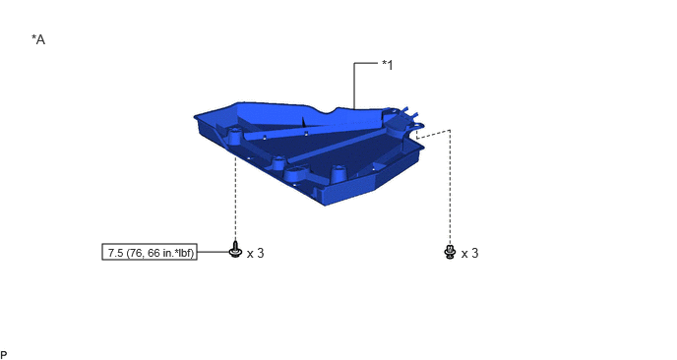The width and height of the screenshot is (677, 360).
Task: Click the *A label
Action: [38, 39]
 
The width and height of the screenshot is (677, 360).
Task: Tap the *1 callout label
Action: [388, 65]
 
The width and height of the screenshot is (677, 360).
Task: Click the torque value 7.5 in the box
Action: [115, 253]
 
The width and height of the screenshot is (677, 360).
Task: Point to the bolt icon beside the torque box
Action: [235, 251]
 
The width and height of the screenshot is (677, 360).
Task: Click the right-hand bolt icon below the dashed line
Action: [450, 252]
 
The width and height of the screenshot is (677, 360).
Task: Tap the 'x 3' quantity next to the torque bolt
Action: [255, 254]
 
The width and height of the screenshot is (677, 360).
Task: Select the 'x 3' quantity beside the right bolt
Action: [469, 254]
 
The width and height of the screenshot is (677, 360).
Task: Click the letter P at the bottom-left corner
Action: [4, 355]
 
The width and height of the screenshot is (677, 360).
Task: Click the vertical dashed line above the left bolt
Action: [235, 199]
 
